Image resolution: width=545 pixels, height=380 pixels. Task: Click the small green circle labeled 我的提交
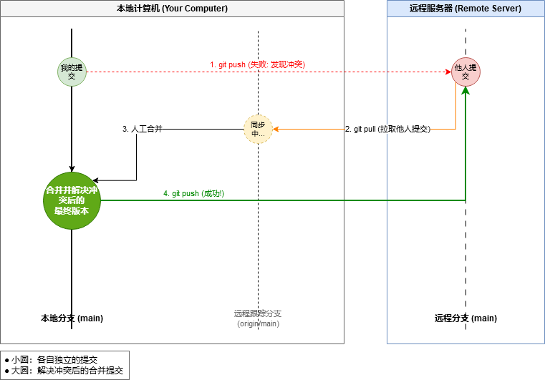point(72,72)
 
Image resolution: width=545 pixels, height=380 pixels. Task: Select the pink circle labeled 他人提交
point(466,72)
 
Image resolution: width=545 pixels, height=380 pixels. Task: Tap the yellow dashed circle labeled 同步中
point(258,129)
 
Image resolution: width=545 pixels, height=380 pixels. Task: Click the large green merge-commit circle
point(72,200)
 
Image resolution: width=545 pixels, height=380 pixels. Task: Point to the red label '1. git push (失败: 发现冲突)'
point(257,64)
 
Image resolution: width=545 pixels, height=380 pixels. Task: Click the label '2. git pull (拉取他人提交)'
point(387,130)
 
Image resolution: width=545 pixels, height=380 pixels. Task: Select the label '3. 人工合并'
point(142,130)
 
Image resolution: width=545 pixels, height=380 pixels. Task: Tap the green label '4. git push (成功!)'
point(193,193)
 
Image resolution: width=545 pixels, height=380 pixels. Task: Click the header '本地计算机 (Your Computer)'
point(172,9)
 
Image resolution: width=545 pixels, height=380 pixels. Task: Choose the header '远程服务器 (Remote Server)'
point(466,9)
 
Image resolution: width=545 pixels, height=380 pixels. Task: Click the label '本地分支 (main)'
point(72,318)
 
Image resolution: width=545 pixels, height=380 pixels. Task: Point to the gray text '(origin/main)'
point(258,324)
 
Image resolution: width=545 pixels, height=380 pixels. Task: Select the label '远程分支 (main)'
point(466,318)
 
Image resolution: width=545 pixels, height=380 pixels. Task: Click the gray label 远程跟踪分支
point(258,313)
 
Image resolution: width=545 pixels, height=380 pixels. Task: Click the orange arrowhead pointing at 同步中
point(276,130)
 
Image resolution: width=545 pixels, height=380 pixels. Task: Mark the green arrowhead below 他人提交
point(466,91)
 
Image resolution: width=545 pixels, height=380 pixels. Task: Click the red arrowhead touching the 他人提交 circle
point(448,72)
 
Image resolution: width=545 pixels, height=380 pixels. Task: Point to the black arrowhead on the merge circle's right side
point(96,180)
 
